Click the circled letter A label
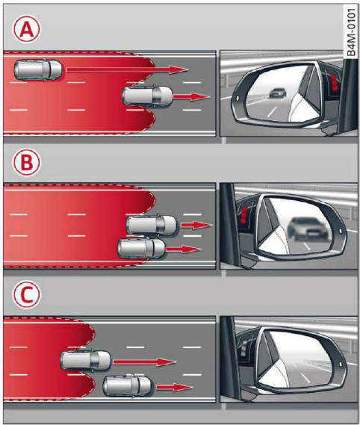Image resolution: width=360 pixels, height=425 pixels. coord(26,29)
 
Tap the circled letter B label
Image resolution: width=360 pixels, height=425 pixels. coord(26,162)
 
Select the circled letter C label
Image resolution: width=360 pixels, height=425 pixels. coord(26,295)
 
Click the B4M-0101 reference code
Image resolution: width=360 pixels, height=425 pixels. coord(351,31)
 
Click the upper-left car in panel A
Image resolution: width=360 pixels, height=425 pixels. coord(38,70)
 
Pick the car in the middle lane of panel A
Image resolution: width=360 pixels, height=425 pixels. coord(147,96)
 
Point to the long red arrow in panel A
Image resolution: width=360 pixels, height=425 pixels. coord(127,70)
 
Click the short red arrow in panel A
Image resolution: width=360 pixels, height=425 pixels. coord(191,97)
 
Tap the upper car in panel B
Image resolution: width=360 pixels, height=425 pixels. coord(152,225)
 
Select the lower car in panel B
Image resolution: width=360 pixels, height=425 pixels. coord(141,249)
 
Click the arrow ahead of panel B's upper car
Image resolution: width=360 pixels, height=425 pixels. coord(196,225)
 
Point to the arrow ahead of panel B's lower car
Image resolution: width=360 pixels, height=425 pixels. coord(183,249)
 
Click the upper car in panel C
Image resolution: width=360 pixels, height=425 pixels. coord(86,361)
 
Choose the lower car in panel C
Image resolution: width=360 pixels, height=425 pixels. coord(127,386)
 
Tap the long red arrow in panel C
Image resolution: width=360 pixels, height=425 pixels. coord(145,362)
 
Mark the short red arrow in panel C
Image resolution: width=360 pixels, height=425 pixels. coord(174,387)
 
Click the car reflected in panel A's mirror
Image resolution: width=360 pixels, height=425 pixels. coord(278,93)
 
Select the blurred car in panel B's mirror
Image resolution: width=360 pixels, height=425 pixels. coord(309,229)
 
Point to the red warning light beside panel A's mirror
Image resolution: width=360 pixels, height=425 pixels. coord(335,83)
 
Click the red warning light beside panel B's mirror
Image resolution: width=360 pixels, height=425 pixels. coord(243,215)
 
